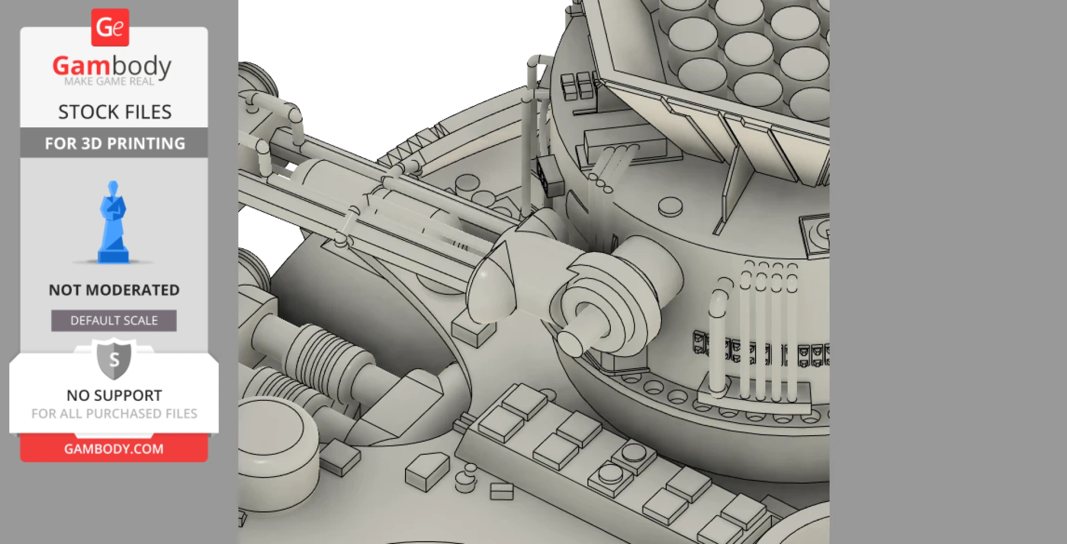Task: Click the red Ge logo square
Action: (110, 27)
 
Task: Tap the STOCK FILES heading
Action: (114, 112)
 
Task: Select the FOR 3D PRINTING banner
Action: (114, 144)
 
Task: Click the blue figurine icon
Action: (113, 223)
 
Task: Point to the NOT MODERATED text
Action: (114, 290)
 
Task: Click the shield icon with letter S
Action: (114, 360)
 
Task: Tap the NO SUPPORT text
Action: (114, 395)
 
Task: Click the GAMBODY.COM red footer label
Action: (114, 449)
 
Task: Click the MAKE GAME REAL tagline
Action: (109, 82)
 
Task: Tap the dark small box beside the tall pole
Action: (550, 176)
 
